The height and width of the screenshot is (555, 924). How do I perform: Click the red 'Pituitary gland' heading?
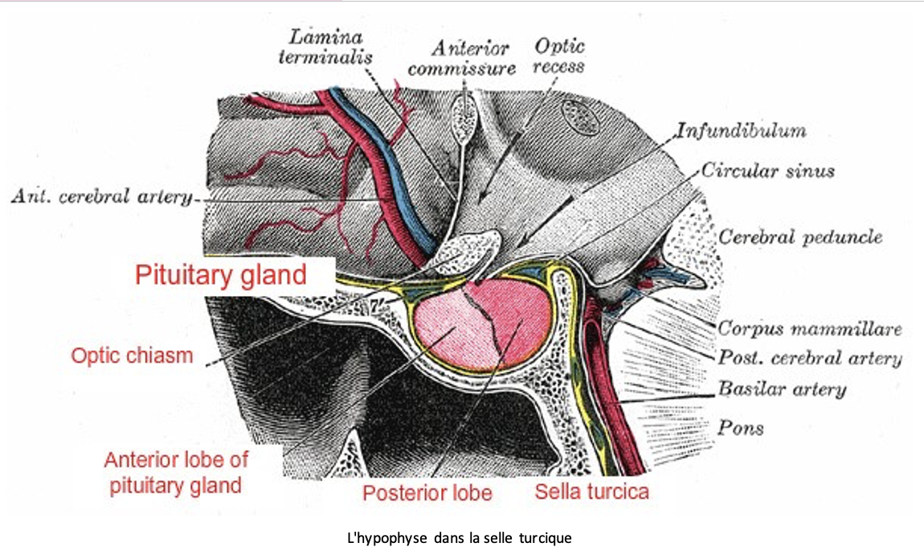pos(220,275)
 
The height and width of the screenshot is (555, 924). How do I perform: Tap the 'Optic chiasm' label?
pos(133,355)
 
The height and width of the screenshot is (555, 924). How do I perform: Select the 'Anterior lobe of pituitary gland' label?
pos(176,473)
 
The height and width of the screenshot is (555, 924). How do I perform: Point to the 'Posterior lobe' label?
pos(427,492)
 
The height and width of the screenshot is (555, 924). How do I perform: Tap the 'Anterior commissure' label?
pos(460,58)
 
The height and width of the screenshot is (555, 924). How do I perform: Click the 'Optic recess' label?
pos(560,55)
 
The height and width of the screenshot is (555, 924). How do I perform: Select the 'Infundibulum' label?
pos(741,129)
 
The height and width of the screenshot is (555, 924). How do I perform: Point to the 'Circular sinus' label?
pos(767,171)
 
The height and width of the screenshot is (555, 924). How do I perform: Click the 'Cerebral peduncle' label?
pos(800,237)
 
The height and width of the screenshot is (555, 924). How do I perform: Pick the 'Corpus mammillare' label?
pos(810,328)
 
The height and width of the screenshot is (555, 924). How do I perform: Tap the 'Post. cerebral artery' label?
pos(810,359)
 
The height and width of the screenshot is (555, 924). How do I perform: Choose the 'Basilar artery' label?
pos(782,390)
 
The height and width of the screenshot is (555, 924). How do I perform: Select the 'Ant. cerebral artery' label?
pos(101,198)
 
